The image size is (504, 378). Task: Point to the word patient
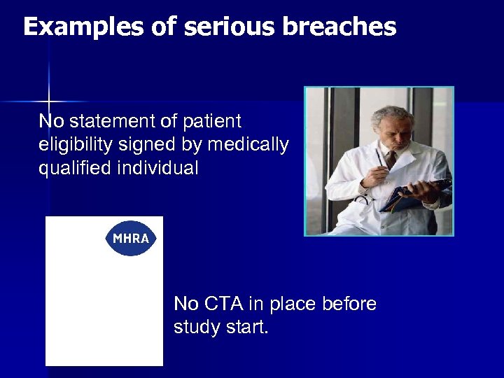211,121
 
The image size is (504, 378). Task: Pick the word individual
158,169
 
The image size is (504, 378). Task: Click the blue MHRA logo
131,239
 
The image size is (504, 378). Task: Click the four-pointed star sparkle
48,101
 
